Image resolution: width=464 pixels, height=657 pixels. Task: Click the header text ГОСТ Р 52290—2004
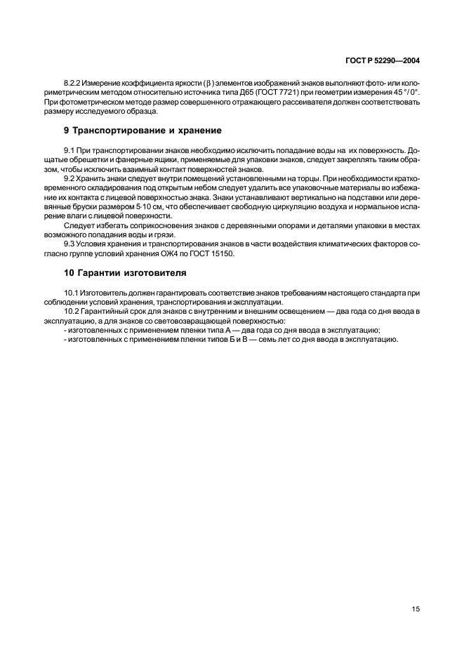[384, 61]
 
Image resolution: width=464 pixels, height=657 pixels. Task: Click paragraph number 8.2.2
[73, 84]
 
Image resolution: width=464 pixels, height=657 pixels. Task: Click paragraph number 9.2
[69, 179]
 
